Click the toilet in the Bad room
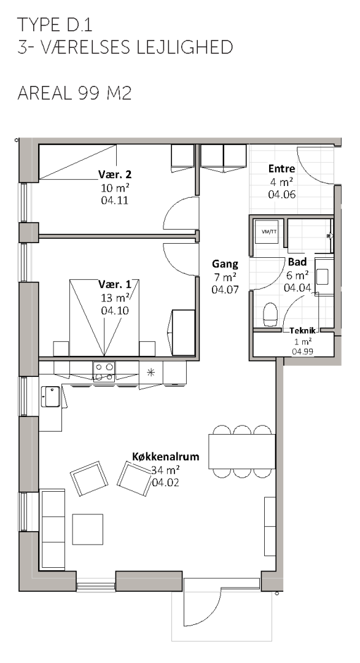point(270,314)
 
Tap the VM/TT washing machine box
point(268,231)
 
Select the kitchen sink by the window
point(51,396)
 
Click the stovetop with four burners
point(104,371)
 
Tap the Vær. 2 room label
point(115,174)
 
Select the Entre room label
point(282,169)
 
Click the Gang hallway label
point(225,264)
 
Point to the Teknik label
point(303,331)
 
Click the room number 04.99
point(303,351)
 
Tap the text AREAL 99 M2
point(74,93)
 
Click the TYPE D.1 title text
point(55,25)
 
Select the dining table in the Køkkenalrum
point(242,451)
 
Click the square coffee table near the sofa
point(88,529)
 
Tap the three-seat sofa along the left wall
point(52,529)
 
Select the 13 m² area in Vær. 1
point(115,298)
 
